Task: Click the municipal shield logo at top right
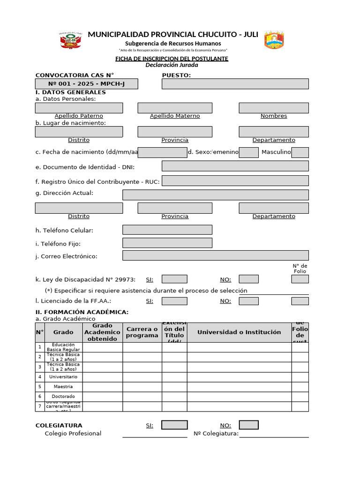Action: [274, 40]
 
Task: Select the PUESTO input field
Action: [235, 84]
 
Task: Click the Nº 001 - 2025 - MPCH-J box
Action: [86, 84]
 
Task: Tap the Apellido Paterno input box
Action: [79, 108]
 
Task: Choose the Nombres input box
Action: [274, 108]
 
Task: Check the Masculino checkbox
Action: [300, 152]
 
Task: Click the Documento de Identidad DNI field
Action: [235, 166]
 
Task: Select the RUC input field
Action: [235, 181]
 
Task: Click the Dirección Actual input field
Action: [215, 195]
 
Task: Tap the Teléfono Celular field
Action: [167, 230]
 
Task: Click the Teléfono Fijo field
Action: [167, 243]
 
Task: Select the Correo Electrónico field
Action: [215, 255]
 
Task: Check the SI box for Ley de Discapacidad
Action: [174, 279]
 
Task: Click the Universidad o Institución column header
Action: [239, 332]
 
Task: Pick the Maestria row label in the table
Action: [63, 387]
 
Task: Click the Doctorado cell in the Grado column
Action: [63, 397]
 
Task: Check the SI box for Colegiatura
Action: [174, 425]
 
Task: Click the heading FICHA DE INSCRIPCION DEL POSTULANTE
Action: [172, 59]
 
